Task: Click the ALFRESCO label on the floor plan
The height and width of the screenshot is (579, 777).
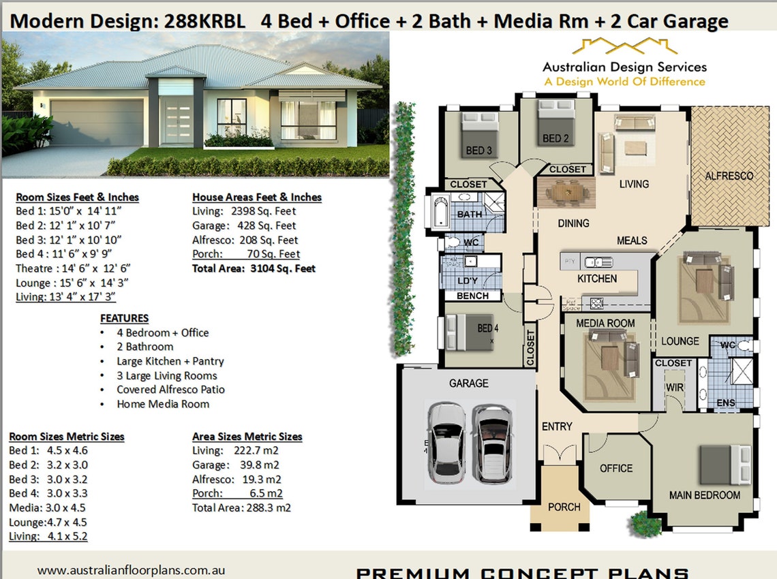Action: coord(729,176)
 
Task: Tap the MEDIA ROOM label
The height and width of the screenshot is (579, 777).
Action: coord(605,323)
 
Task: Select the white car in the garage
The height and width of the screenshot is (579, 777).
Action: coord(446,442)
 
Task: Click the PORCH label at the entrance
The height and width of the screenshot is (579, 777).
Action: coord(564,507)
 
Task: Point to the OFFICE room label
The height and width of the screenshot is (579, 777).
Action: coord(616,469)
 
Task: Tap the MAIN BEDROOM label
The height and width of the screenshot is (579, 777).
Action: coord(704,495)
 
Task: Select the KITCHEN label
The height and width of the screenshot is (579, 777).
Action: coord(597,279)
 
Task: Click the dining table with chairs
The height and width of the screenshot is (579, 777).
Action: coord(565,192)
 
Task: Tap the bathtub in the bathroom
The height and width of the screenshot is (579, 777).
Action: coord(438,211)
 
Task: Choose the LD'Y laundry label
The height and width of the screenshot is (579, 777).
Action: coord(467,281)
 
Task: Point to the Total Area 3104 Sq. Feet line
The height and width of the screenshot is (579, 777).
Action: coord(254,268)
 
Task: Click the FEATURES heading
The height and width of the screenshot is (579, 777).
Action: coord(124,318)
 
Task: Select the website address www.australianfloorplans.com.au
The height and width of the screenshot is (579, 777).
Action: coord(131,570)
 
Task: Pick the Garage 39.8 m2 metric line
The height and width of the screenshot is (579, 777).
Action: coord(236,465)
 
